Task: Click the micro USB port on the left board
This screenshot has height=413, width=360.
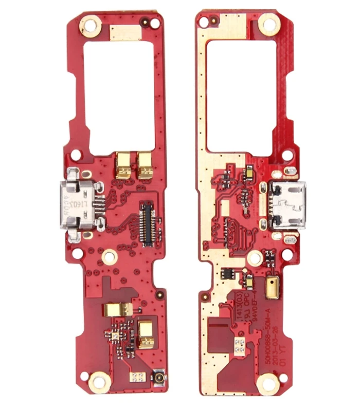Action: tap(79, 206)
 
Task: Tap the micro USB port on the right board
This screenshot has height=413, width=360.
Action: tap(286, 205)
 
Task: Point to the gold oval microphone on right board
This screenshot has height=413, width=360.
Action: tap(271, 289)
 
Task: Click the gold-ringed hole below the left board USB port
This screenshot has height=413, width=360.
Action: tap(109, 256)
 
